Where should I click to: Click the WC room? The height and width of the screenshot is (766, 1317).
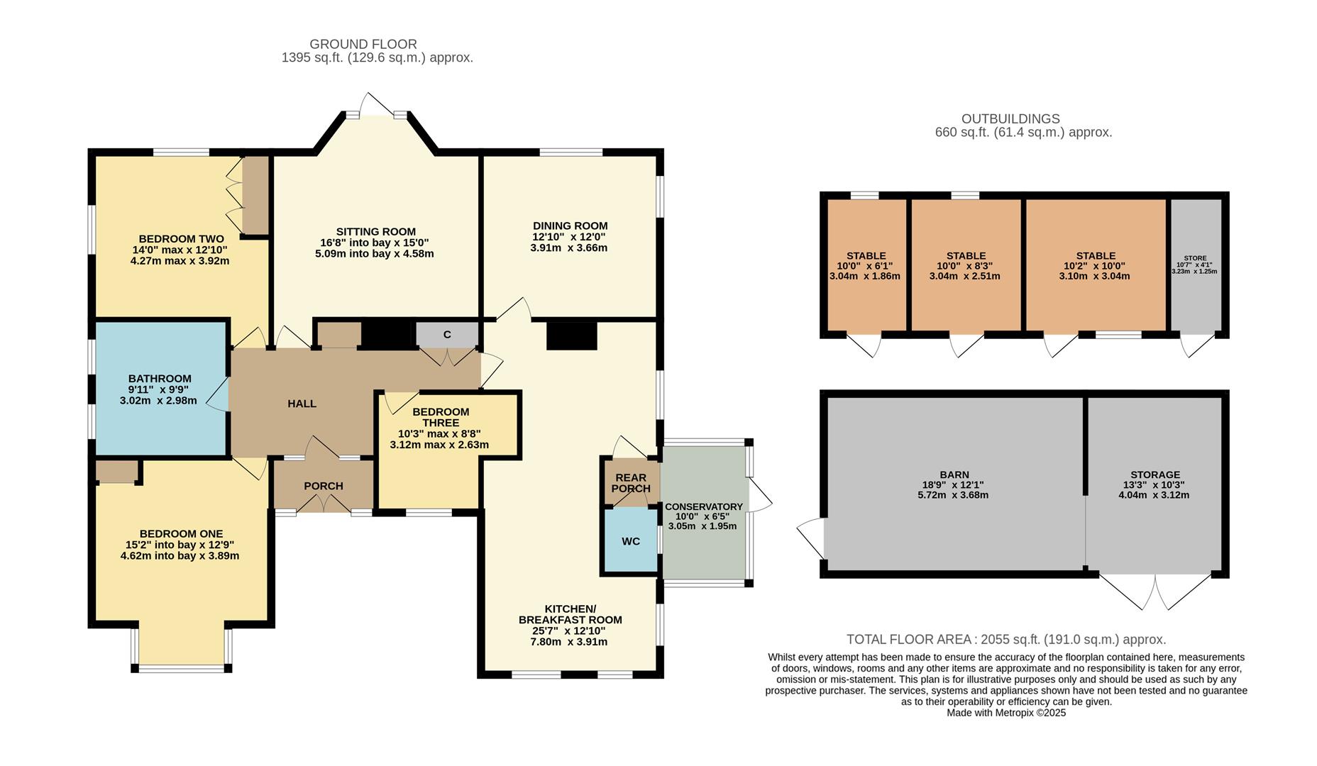click(630, 541)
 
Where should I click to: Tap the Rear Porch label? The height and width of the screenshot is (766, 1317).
click(631, 484)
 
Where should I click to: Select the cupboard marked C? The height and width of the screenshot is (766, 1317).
click(447, 335)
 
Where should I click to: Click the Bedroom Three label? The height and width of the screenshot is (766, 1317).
click(441, 417)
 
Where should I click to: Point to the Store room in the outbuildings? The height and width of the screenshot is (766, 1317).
click(1195, 265)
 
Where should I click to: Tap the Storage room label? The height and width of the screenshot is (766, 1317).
click(1155, 474)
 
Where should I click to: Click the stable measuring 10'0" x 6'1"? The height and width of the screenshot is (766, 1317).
click(866, 265)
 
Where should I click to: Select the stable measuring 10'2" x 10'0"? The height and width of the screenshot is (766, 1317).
click(1095, 265)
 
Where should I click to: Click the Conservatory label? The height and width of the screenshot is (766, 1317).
click(703, 506)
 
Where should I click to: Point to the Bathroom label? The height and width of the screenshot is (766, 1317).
click(160, 379)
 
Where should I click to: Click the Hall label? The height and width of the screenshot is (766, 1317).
click(302, 404)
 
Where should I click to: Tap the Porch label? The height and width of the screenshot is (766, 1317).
click(324, 486)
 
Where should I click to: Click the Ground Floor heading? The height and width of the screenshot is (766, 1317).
click(363, 44)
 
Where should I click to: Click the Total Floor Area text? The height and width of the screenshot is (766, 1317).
click(1006, 640)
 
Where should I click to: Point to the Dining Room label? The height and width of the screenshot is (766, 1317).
click(570, 226)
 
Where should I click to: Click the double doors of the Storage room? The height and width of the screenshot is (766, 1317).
click(1155, 592)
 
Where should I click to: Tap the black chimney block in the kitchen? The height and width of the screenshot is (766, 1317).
click(572, 336)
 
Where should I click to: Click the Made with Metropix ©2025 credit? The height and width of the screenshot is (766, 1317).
click(1005, 713)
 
